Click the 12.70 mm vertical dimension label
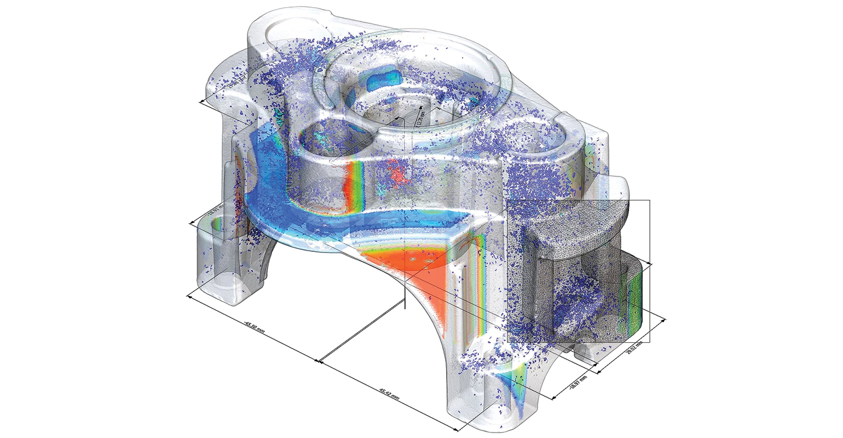click(x=420, y=117)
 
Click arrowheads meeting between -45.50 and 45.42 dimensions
click(x=318, y=360)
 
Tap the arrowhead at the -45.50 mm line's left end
click(x=189, y=296)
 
